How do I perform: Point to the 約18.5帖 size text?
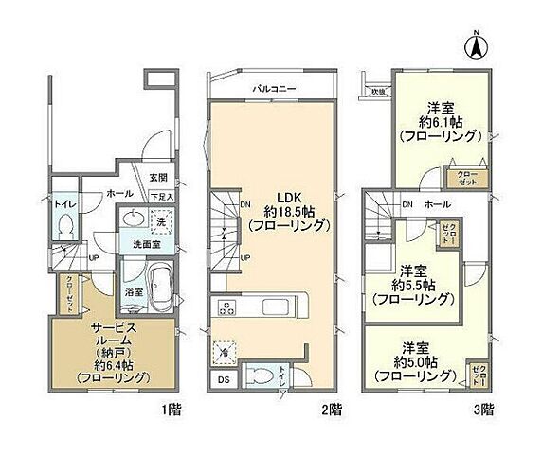288,211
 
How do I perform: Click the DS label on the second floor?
222,381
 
